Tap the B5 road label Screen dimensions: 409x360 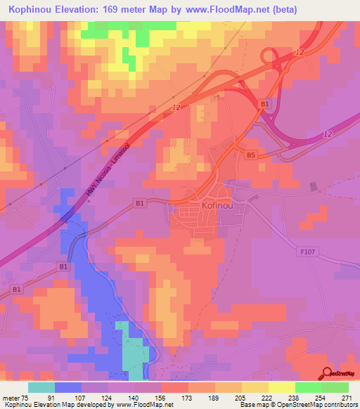(x=252, y=153)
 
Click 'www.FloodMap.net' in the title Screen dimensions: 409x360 (x=232, y=10)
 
